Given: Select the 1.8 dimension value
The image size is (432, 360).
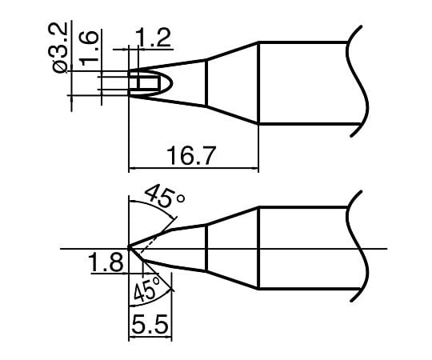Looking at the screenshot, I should [106, 261].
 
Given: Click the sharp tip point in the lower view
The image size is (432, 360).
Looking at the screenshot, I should [130, 249].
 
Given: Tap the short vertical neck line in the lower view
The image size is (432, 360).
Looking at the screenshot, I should [207, 249].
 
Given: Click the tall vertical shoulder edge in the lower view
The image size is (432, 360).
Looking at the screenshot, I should [258, 249].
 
